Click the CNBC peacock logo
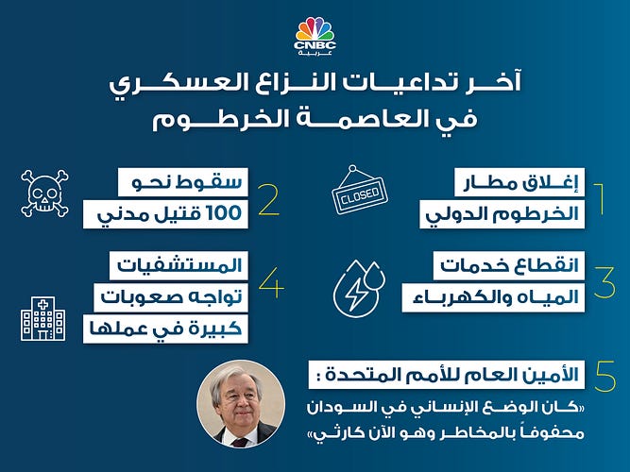coord(315,37)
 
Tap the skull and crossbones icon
coord(45,194)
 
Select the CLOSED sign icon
coord(360,190)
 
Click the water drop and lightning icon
coord(359,288)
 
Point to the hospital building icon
coord(43,318)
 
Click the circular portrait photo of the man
coord(241,405)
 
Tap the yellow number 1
coord(600,199)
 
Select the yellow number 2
coord(269,199)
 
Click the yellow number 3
coord(604,282)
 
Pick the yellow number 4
coord(272,283)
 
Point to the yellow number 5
coord(605,376)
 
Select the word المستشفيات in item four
coord(179,265)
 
